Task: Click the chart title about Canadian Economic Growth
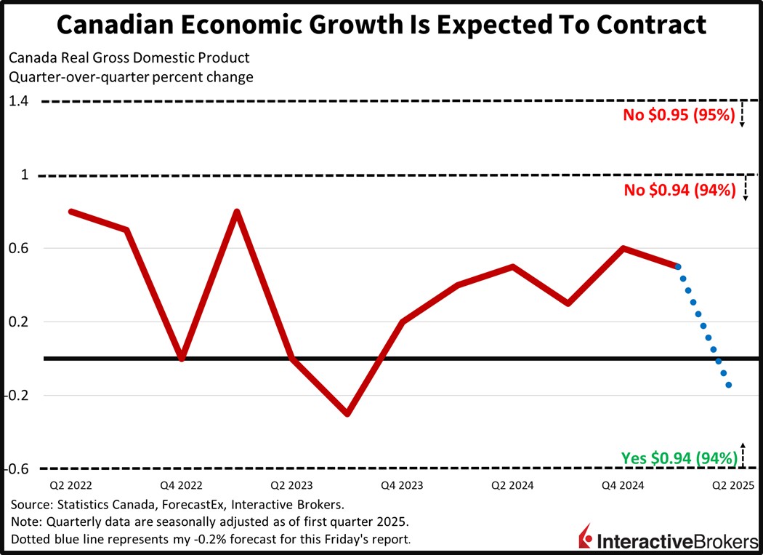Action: (x=381, y=25)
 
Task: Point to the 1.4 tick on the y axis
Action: (x=19, y=101)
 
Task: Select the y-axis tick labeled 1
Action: (x=25, y=175)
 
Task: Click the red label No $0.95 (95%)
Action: (x=680, y=115)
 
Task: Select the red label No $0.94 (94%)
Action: (x=680, y=191)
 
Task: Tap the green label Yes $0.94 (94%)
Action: (x=679, y=458)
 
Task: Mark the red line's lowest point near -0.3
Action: (x=347, y=413)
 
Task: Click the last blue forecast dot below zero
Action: (x=728, y=385)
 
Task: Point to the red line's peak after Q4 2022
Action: (x=237, y=212)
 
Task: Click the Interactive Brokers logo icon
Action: (x=585, y=538)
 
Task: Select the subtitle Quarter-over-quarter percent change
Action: (x=131, y=77)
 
